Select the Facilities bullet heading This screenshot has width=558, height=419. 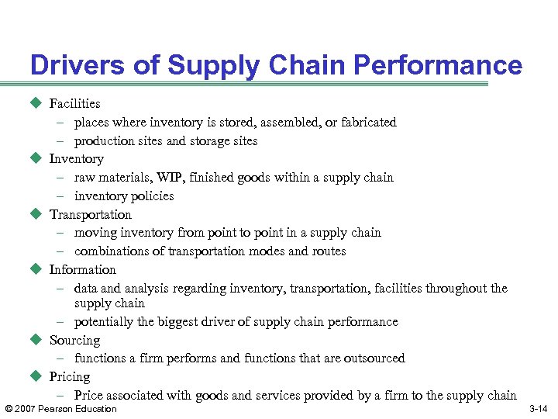click(74, 103)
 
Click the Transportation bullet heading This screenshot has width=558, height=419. click(90, 214)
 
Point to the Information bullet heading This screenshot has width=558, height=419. click(82, 269)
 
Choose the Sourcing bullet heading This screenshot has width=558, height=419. click(74, 340)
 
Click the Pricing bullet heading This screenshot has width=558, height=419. click(70, 376)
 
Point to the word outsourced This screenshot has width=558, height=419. click(374, 358)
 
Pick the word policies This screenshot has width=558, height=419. click(151, 196)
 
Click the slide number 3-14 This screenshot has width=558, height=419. click(538, 409)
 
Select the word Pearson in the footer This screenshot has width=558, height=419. click(59, 409)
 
